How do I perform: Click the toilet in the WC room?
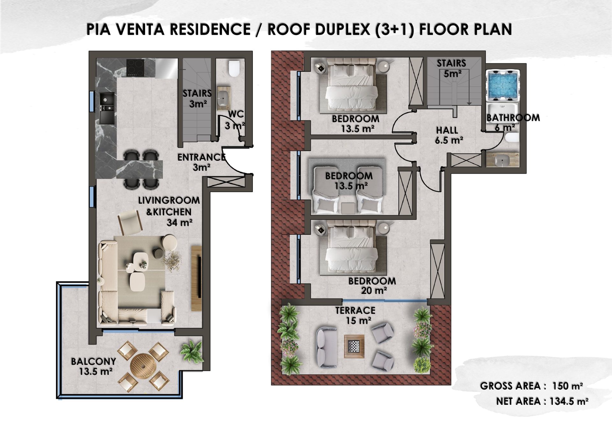pos(234,68)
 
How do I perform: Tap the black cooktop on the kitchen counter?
pos(135,67)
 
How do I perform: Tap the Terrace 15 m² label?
pos(355,315)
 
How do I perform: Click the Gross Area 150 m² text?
pos(531,386)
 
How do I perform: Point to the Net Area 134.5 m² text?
pos(542,401)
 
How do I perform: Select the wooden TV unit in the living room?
pos(197,278)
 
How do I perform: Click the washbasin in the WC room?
pos(223,97)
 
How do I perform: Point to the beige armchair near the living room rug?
pos(129,222)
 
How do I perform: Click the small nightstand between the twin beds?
pos(348,208)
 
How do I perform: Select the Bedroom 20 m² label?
pos(372,286)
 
